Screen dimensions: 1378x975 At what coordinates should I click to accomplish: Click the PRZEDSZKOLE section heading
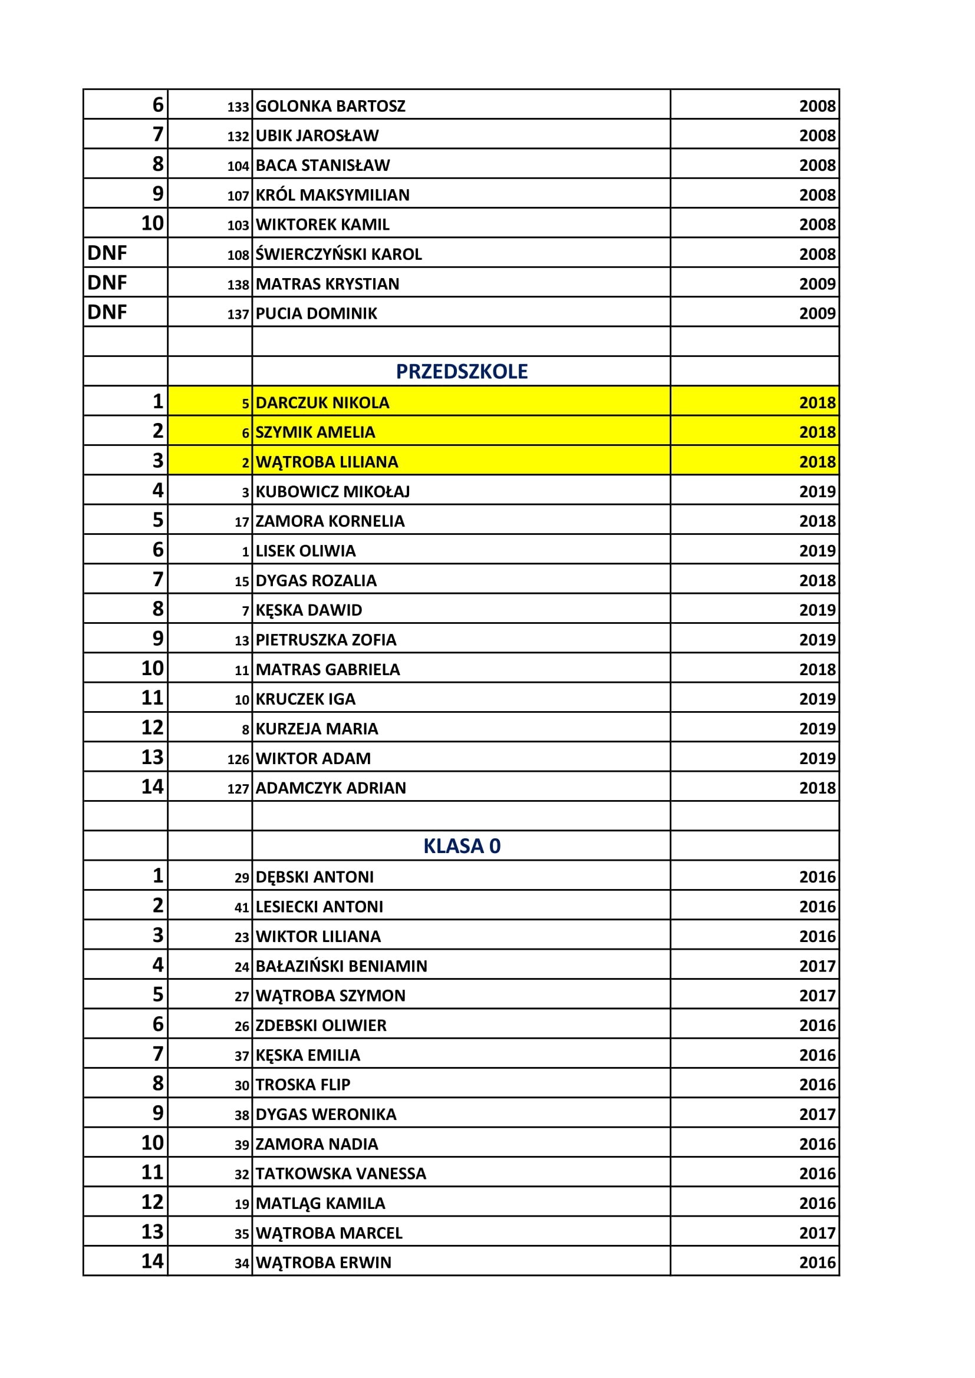pos(462,372)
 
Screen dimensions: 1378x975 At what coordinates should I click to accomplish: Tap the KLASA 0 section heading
pos(462,845)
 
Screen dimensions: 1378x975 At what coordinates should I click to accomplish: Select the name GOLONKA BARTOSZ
pos(330,106)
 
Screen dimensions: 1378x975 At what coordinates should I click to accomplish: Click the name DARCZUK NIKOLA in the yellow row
pos(322,403)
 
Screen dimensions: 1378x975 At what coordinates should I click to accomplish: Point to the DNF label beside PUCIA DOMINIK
pos(107,312)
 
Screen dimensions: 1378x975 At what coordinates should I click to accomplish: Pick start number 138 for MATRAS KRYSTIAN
pos(238,285)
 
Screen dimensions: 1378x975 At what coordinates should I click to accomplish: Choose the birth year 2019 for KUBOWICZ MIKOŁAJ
pos(816,491)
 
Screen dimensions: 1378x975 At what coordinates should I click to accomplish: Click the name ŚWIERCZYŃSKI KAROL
pos(338,255)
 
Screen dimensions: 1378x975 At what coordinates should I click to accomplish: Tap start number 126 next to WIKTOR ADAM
pos(238,759)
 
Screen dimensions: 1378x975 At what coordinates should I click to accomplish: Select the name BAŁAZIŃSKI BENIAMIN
pos(341,966)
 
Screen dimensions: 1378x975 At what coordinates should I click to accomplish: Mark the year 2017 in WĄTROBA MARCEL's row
pos(816,1233)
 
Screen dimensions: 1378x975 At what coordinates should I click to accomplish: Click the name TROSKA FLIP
pos(302,1085)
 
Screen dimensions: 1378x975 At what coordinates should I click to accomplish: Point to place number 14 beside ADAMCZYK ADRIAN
pos(152,787)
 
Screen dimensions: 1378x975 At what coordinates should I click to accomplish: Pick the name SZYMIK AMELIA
pos(315,432)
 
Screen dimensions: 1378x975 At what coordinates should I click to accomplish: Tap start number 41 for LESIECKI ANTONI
pos(241,907)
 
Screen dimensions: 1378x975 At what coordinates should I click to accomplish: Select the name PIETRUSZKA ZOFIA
pos(326,640)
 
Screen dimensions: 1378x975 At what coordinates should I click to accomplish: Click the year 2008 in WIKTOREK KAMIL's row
pos(816,224)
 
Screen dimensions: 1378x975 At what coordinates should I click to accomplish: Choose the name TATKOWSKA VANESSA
pos(340,1174)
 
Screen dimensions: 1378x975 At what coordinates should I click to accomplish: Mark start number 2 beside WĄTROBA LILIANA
pos(245,462)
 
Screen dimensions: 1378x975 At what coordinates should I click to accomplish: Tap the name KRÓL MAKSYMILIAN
pos(332,195)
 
